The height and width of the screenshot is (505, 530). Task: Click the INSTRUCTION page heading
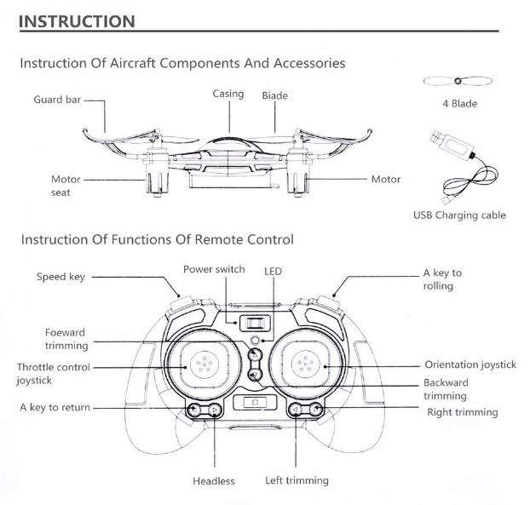(77, 20)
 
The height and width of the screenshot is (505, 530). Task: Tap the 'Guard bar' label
(57, 100)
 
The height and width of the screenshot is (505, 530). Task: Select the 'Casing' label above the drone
(228, 94)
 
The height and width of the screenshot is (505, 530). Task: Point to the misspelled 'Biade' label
(275, 95)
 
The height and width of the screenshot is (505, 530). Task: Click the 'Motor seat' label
(66, 187)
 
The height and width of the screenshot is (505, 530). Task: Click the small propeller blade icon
(458, 83)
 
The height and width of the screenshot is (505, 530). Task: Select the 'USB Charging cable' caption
(459, 215)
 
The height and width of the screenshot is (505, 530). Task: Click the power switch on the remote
(252, 324)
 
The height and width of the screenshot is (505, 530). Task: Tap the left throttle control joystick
(200, 365)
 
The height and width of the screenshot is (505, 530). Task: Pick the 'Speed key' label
(60, 276)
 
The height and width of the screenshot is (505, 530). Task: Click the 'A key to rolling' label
(442, 279)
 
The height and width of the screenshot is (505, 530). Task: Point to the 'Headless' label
(213, 481)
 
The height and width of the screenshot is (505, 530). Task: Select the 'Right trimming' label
(462, 412)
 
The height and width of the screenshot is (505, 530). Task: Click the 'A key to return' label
(55, 408)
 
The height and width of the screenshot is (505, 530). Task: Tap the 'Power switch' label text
(214, 269)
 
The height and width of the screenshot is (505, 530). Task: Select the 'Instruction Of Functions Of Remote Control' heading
(156, 239)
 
